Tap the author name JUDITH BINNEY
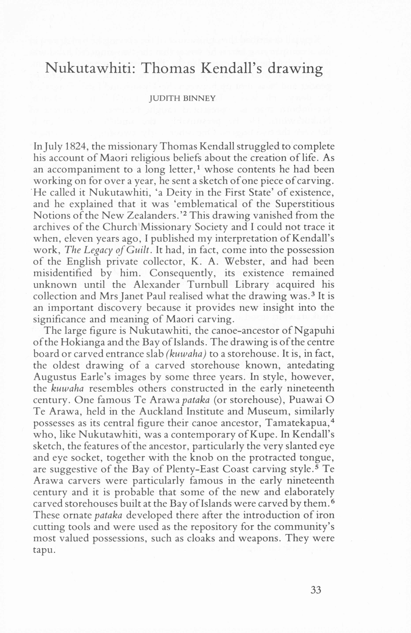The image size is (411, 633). [x=182, y=99]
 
